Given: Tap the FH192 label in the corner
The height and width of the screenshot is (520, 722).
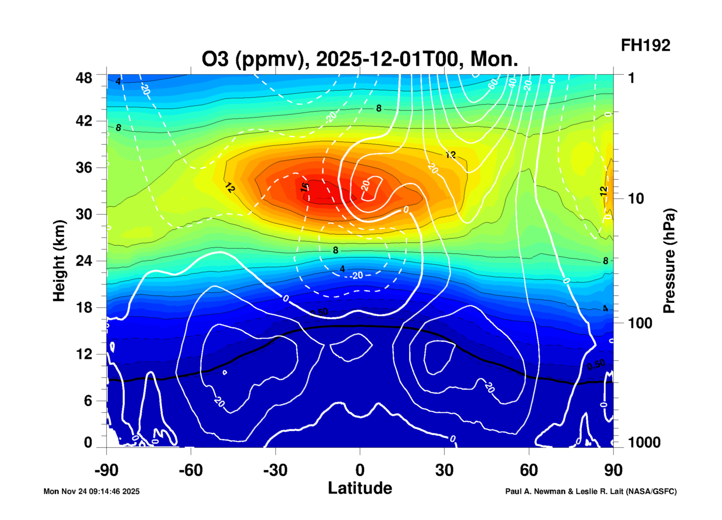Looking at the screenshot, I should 645,46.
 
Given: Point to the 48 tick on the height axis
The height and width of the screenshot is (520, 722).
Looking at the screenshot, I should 84,78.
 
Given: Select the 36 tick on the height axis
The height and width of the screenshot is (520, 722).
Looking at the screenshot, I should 84,168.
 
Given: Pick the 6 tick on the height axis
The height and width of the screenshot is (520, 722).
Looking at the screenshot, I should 88,401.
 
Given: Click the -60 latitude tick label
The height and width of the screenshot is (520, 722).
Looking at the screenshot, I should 191,470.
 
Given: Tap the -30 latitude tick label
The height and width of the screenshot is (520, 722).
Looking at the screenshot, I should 275,470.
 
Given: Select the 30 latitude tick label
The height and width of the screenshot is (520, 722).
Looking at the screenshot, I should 444,470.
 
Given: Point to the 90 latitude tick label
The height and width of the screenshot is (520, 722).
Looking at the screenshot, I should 613,470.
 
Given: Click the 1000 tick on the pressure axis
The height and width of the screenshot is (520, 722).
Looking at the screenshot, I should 644,442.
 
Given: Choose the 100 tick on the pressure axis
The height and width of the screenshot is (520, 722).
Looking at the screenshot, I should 640,323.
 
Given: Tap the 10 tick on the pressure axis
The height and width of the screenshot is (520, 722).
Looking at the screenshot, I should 636,199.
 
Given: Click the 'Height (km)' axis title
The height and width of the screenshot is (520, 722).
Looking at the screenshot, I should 59,261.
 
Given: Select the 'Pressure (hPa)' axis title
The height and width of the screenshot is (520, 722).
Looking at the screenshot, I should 669,261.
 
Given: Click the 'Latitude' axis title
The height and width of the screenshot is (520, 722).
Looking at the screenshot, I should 360,488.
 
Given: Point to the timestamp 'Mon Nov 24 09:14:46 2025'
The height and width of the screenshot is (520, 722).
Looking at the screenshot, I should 91,491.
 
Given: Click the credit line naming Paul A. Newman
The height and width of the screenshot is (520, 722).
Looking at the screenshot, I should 591,491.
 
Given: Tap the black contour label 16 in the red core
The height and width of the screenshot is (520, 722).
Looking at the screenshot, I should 304,187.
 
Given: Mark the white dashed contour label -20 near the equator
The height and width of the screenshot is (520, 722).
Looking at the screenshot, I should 356,275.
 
